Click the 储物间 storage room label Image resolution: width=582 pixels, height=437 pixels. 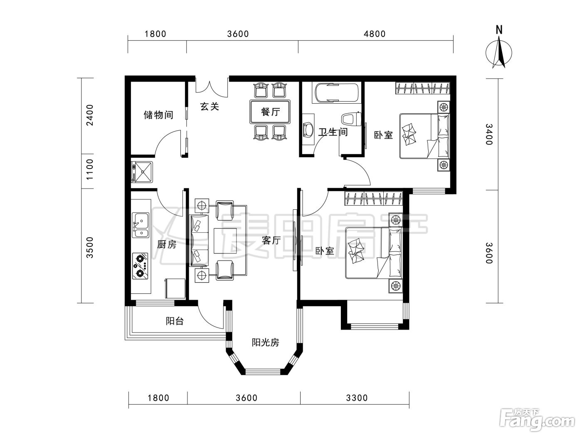coord(158,115)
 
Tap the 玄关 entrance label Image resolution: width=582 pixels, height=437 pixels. coord(210,107)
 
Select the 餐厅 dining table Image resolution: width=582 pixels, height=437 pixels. coord(270,112)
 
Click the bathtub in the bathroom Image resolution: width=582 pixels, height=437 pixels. coord(335,92)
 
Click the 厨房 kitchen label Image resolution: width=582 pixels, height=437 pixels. coord(167,244)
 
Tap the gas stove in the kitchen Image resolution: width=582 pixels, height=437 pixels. coord(140,266)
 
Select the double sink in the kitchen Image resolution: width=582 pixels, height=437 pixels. coord(141,225)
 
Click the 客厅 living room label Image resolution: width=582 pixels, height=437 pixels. coord(271,241)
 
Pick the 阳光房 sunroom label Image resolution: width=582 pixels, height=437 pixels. coord(265,343)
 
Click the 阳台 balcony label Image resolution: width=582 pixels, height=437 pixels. coord(175,321)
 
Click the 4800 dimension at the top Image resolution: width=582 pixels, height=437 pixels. coord(375,34)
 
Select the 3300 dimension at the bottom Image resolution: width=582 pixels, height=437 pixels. coord(357,398)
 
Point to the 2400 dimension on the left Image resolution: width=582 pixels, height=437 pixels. coord(90,115)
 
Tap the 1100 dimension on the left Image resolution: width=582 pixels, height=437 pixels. coord(90,169)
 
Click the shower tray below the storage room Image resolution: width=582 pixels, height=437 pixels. coord(142,172)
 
